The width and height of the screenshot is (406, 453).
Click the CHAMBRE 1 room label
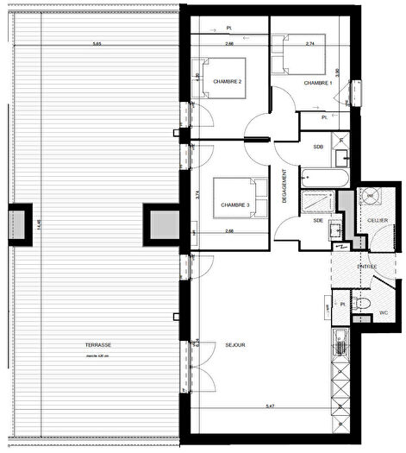318,83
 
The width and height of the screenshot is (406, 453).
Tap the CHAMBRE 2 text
228,82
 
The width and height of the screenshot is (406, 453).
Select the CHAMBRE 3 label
234,204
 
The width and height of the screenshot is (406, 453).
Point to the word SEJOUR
234,345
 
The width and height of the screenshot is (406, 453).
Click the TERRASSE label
97,345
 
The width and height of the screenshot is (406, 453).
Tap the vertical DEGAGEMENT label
284,186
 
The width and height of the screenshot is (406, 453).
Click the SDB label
318,147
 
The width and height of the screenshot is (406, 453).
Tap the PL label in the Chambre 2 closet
229,29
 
